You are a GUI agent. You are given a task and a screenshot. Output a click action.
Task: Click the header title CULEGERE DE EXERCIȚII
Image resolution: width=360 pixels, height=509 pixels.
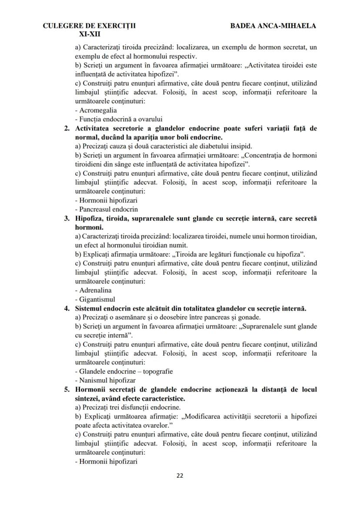coord(89,26)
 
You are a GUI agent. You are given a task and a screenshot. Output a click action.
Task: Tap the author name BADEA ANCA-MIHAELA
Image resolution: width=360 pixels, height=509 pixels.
coord(273,26)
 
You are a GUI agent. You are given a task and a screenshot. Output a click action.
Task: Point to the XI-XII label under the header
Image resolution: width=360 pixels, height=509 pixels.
coord(89,33)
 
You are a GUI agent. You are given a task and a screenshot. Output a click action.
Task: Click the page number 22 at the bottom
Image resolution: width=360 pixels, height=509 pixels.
coord(180,476)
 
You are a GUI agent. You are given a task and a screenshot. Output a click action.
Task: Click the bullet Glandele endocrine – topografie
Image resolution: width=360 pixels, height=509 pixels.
coord(123,371)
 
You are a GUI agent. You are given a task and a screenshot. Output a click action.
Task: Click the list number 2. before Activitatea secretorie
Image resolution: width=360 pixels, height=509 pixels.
coord(67,128)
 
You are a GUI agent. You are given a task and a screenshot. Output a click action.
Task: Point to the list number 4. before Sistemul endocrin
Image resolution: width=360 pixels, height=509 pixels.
coord(67,308)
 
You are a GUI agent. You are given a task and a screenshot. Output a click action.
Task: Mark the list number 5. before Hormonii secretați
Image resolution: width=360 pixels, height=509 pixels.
coord(67,389)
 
